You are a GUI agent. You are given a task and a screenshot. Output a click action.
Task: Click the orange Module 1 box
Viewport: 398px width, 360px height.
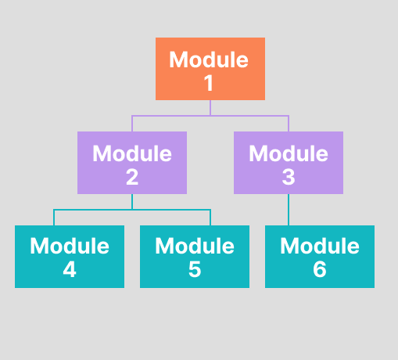210,69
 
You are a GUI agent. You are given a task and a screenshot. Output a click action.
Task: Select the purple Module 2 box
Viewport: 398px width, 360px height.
131,163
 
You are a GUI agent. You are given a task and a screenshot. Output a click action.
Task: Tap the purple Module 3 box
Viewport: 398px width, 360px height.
288,163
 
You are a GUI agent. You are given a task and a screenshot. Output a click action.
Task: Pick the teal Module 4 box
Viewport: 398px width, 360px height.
69,257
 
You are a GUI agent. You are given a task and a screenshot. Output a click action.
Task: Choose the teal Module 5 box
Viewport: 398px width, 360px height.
194,257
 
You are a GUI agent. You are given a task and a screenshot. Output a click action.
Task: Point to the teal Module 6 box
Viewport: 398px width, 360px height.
319,257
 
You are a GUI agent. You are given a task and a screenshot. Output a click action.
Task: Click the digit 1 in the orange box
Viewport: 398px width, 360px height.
210,83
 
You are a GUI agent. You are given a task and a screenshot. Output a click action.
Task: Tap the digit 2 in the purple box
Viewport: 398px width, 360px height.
131,177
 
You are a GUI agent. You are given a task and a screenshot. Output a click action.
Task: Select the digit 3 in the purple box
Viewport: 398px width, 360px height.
288,177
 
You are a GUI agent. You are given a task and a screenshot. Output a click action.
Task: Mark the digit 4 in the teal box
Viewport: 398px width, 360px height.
69,271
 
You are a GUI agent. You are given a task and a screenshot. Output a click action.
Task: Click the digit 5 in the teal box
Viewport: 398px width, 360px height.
194,271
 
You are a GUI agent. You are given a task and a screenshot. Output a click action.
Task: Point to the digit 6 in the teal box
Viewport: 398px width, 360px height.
319,271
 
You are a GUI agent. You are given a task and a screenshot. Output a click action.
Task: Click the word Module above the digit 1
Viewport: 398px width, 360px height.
210,59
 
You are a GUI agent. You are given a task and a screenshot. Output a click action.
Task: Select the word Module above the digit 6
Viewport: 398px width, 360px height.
319,246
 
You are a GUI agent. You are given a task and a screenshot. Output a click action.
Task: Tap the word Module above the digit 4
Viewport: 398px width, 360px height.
69,246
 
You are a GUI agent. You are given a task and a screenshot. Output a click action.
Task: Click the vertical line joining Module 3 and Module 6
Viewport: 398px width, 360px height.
289,210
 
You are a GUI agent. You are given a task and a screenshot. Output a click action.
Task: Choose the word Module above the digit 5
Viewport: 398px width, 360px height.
194,246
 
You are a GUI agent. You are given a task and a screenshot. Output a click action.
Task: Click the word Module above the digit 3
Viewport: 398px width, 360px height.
288,153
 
